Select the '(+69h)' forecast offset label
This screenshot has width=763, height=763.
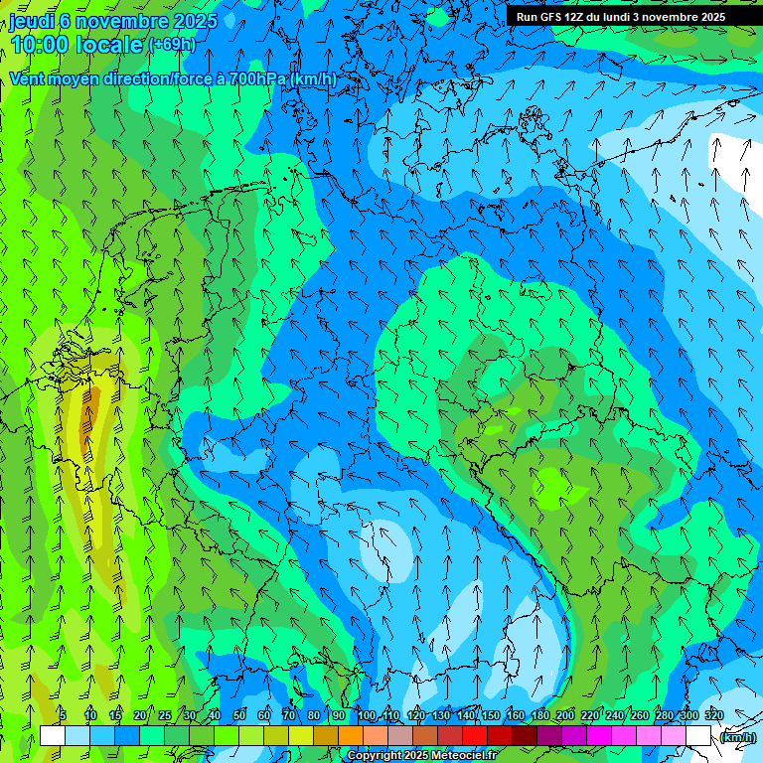tap(172, 45)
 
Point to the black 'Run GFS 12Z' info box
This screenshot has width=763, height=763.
tap(620, 16)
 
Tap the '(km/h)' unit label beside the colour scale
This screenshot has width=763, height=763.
tap(737, 737)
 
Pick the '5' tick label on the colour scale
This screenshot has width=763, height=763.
tap(63, 715)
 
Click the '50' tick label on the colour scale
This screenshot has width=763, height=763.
tap(239, 715)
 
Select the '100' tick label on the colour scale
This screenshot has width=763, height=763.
tap(367, 715)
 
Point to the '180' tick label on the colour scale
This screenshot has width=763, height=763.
tap(540, 715)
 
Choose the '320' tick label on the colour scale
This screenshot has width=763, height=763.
tap(714, 715)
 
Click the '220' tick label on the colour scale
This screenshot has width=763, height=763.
tap(590, 715)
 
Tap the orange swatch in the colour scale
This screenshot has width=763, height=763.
tap(350, 736)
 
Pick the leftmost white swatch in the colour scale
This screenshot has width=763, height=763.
tap(53, 736)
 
